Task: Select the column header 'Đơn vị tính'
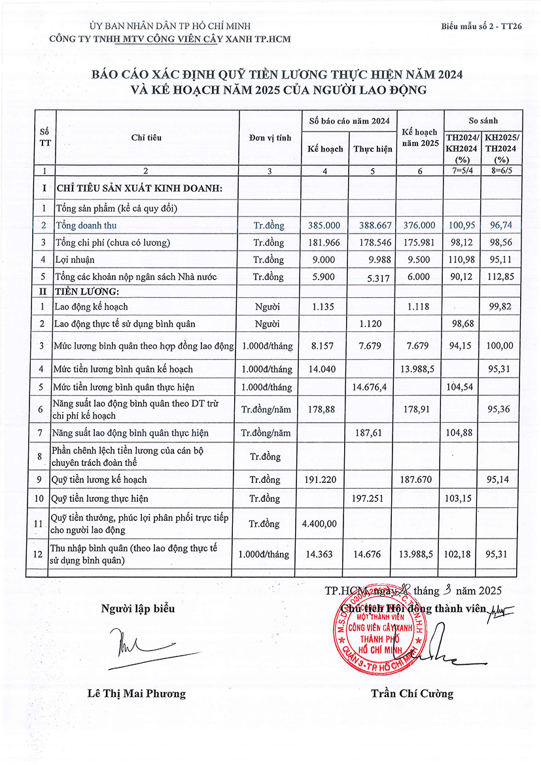coord(270,138)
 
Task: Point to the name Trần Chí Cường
coord(411,694)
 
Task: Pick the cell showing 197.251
coord(373,499)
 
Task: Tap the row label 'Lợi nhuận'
coord(75,260)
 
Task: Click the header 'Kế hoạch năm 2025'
coord(420,137)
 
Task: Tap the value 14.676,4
coord(373,387)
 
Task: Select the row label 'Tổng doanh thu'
coord(86,225)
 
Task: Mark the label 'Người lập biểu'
coord(138,609)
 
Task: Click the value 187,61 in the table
coord(373,433)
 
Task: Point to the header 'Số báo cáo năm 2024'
coord(349,121)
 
